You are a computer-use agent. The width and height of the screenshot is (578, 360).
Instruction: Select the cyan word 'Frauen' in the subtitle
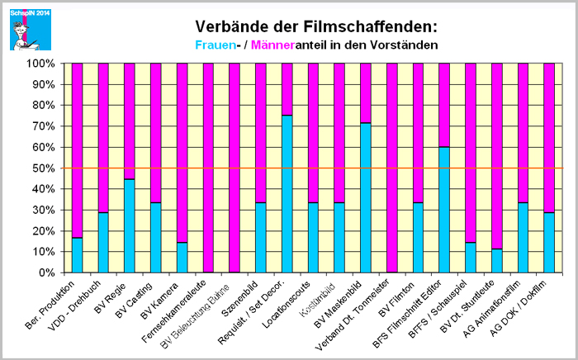217,44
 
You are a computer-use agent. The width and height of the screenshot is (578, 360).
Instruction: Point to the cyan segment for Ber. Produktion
78,255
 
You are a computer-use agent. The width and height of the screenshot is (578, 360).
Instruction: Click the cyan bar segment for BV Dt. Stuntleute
496,261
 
